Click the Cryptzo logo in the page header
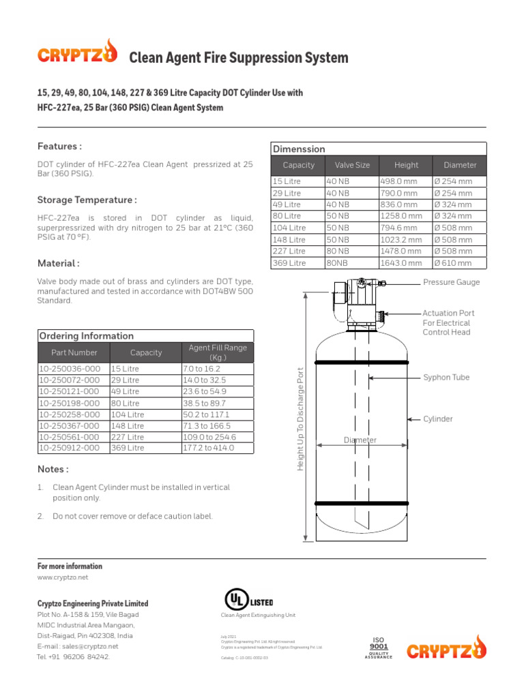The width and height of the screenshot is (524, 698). [x=76, y=53]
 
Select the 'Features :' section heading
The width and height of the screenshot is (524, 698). [x=59, y=147]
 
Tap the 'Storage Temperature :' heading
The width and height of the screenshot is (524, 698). [x=87, y=200]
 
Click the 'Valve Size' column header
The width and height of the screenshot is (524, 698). [x=352, y=165]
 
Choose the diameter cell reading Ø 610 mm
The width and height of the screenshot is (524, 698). [x=453, y=263]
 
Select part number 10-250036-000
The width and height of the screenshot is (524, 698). [x=70, y=368]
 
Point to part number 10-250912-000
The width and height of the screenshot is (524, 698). [x=70, y=448]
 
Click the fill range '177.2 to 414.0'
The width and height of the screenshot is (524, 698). [x=209, y=448]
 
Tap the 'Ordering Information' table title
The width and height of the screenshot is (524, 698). [x=86, y=336]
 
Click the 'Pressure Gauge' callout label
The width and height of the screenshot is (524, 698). [x=451, y=282]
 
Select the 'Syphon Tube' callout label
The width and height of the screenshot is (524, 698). [x=446, y=377]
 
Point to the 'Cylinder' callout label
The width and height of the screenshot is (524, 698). [x=438, y=419]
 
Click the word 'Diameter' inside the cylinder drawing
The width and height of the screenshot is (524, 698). [x=360, y=440]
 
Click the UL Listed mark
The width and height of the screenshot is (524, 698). [x=249, y=601]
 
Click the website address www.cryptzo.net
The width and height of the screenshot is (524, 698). [x=63, y=577]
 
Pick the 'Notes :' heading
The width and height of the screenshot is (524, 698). [x=53, y=470]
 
